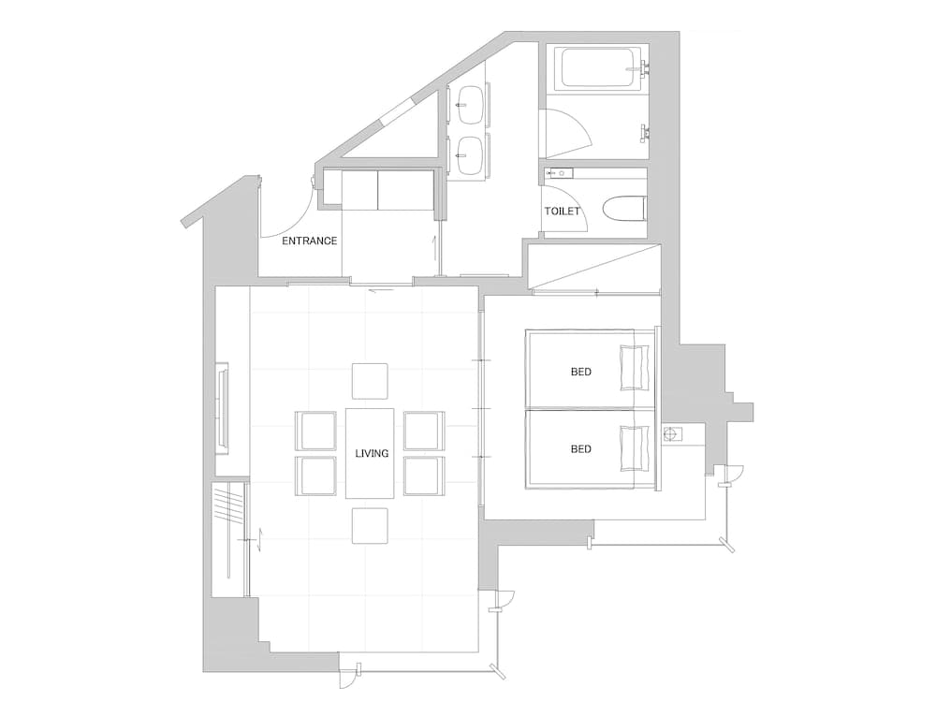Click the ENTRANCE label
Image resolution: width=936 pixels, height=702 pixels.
coord(309,241)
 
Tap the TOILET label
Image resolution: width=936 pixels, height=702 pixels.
coord(562,212)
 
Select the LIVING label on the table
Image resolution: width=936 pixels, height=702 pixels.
coord(372,454)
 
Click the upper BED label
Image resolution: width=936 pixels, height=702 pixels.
coord(581,372)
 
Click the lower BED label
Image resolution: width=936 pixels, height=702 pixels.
coord(581,449)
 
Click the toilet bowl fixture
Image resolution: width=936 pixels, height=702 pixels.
coord(623,209)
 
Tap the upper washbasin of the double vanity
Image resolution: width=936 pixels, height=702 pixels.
coord(470,105)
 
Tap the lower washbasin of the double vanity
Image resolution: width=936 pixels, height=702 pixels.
coord(470,155)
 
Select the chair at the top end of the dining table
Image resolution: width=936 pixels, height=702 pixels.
coord(370,381)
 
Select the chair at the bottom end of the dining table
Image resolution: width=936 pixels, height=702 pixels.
coord(370,526)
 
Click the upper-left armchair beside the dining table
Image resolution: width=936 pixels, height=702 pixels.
coord(316,431)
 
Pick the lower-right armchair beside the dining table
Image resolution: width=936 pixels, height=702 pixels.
coord(424,475)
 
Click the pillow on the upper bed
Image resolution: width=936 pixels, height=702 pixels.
coord(635,367)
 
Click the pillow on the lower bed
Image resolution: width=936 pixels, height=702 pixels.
coord(635,447)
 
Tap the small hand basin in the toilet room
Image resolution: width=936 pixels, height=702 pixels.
coord(560,174)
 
